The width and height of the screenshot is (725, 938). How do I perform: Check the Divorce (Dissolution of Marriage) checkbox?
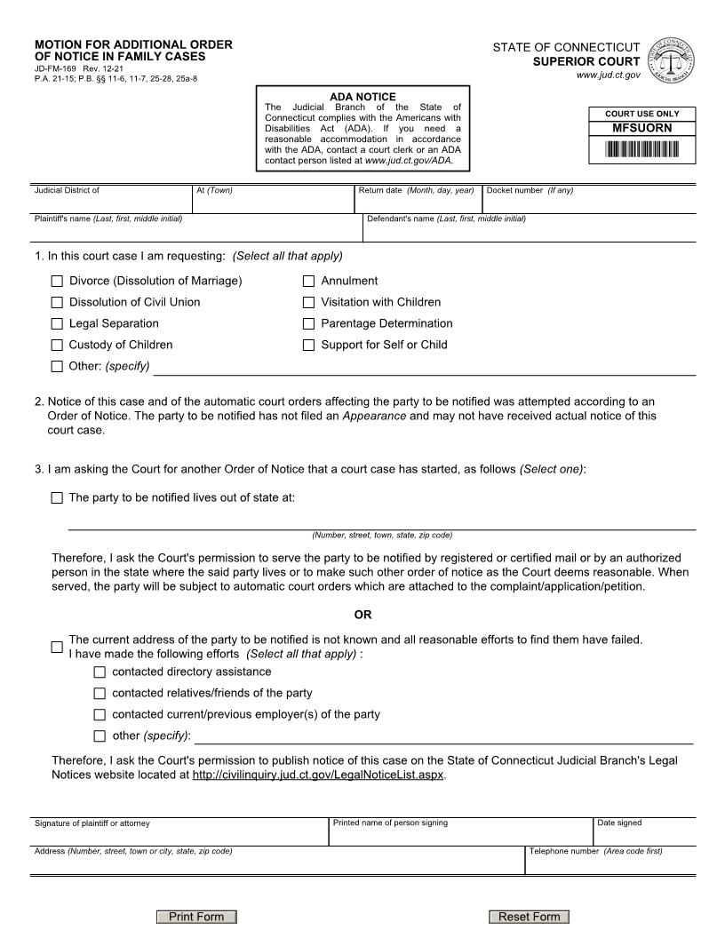58,282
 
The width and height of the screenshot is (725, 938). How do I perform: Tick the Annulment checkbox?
309,282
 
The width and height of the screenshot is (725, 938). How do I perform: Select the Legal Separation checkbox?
58,324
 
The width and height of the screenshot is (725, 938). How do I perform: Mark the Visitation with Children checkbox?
309,303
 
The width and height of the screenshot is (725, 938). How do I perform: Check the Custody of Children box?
58,346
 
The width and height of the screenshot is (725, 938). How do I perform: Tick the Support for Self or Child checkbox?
309,346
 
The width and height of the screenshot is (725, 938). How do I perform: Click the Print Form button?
196,917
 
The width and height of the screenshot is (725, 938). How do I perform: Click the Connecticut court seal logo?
673,61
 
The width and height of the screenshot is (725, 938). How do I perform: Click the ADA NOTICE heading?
362,97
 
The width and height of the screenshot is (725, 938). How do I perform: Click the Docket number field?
588,203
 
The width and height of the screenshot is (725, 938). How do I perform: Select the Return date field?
418,203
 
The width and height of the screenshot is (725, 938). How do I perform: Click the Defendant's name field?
529,231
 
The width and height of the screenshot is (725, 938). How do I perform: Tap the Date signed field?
644,835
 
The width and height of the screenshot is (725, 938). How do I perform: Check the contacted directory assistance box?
100,672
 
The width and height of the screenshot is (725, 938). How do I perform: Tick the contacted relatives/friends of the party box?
100,694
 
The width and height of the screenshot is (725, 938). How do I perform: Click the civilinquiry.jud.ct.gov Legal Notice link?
317,775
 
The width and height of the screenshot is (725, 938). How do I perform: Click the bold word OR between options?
362,615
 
